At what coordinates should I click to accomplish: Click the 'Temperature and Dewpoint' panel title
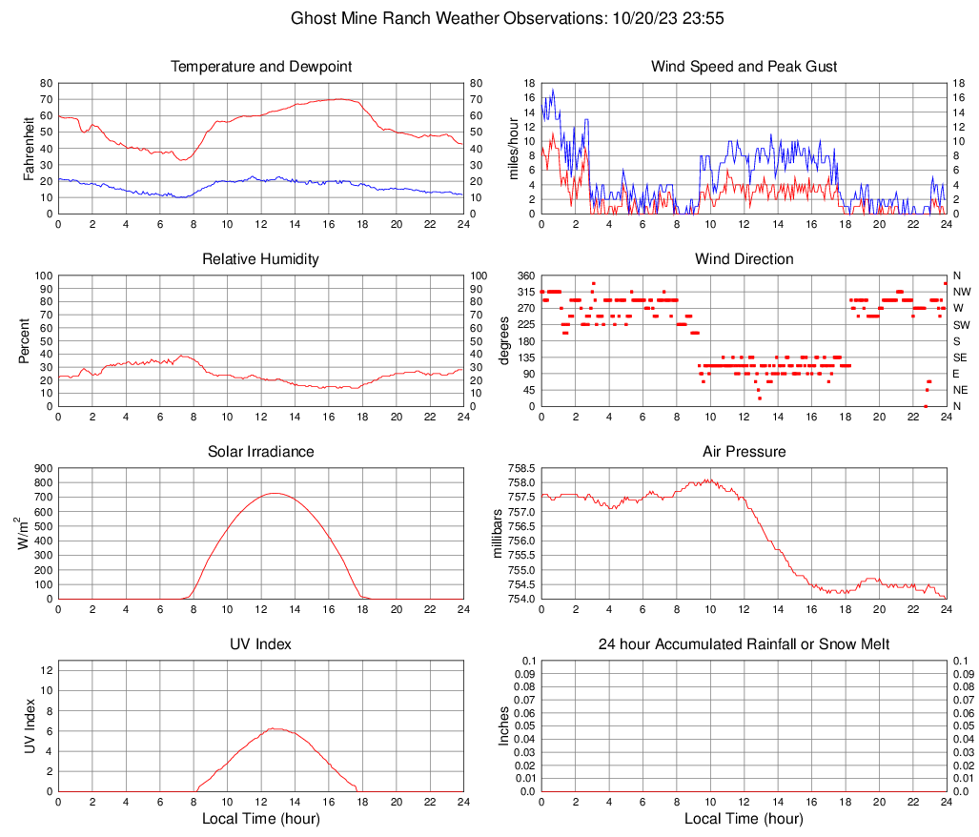(260, 67)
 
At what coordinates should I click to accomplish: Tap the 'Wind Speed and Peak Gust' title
(744, 67)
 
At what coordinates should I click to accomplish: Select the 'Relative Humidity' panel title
(260, 259)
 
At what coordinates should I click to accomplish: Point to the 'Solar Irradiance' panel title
(260, 452)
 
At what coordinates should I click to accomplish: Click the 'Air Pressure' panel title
(744, 452)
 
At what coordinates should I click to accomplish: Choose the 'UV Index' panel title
(260, 644)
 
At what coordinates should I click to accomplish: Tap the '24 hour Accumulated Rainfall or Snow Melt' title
(744, 644)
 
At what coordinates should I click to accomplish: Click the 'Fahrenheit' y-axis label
(29, 149)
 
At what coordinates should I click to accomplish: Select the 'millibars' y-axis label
(496, 534)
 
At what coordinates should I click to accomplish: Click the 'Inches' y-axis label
(503, 726)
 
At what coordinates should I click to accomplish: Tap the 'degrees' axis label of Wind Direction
(503, 341)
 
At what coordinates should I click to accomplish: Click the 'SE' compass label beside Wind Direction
(961, 357)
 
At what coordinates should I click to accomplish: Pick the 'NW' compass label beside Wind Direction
(962, 292)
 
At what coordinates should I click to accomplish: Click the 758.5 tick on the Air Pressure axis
(521, 469)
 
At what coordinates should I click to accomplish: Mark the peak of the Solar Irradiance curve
(275, 493)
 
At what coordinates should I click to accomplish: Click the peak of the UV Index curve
(275, 728)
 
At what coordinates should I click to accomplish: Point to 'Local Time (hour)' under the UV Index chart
(260, 819)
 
